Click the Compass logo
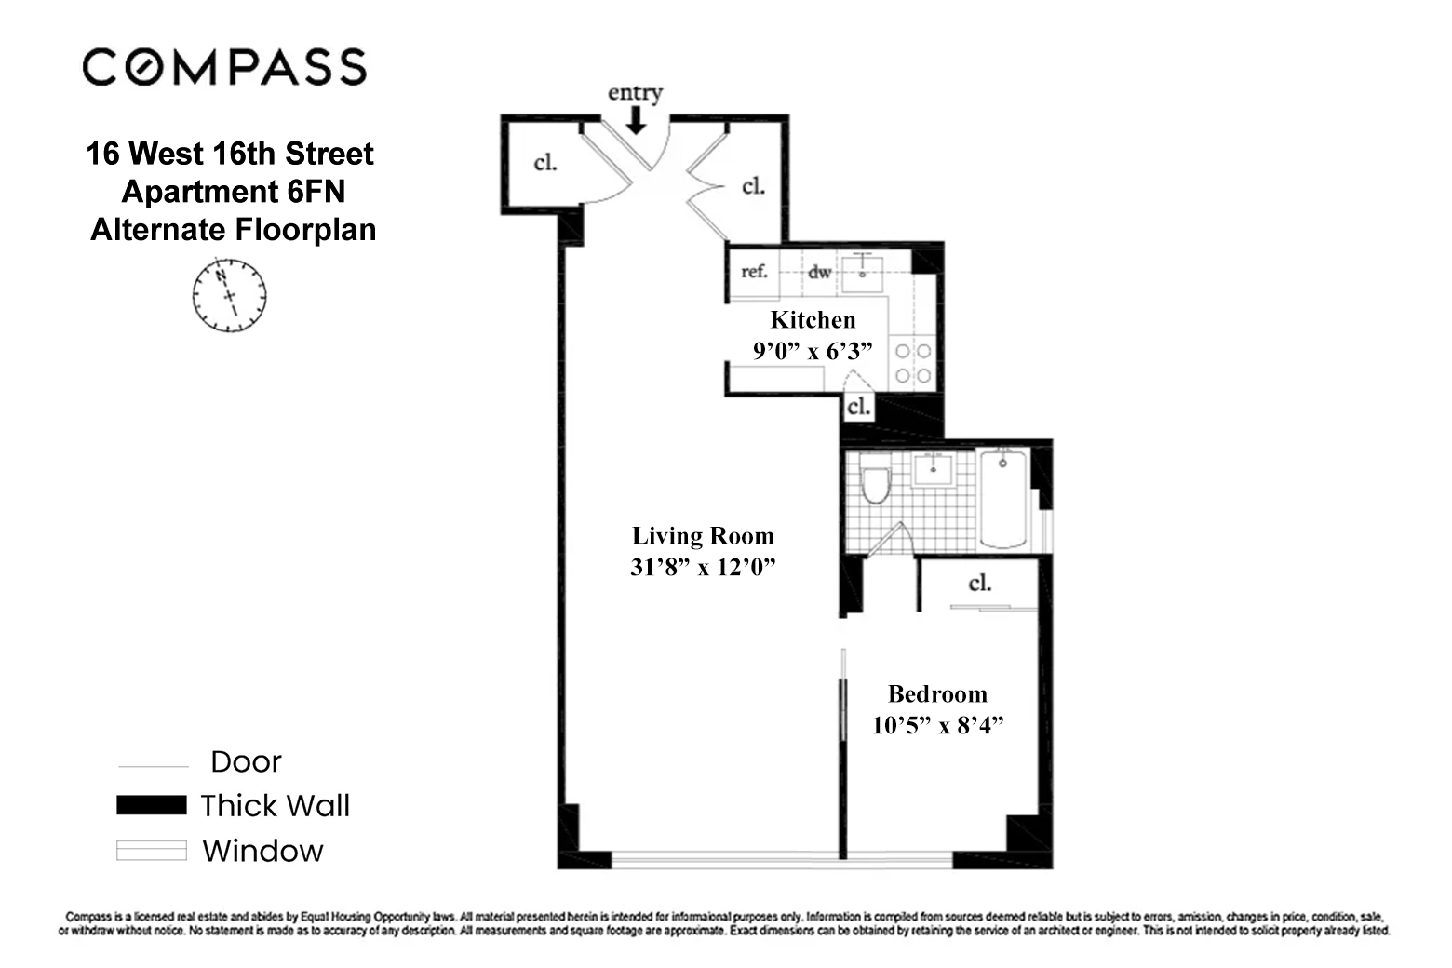pos(224,68)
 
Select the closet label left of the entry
pos(545,163)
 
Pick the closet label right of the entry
pos(753,186)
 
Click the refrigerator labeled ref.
pos(754,272)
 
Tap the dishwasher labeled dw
pos(819,272)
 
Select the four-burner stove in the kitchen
pos(912,363)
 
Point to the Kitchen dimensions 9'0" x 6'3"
pos(813,352)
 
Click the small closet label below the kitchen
pos(858,407)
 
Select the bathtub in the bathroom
pos(1003,498)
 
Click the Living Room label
pos(703,536)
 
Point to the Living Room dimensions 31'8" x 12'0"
pos(703,567)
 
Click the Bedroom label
pos(937,694)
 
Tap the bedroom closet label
pos(979,584)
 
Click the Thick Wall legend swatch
pos(151,805)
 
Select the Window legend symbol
pos(151,851)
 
